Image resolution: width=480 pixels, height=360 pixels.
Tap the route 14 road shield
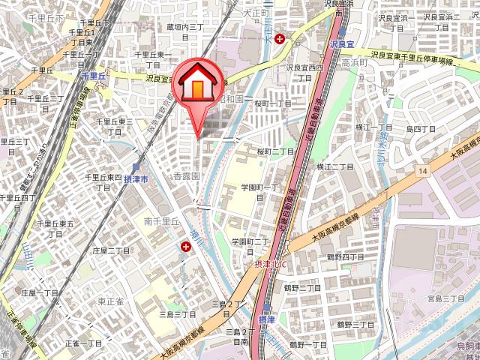[424, 172]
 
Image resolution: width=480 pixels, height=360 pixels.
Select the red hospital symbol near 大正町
[280, 38]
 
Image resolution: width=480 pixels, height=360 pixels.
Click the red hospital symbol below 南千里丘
[185, 245]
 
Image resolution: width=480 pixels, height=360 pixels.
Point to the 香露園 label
[186, 175]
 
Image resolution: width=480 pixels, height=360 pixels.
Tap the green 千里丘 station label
[94, 76]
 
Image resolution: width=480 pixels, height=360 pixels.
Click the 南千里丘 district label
[162, 221]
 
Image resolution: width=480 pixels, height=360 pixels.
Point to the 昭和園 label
[231, 98]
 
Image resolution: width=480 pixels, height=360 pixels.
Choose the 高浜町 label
[352, 64]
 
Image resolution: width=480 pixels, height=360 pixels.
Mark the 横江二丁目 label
[334, 166]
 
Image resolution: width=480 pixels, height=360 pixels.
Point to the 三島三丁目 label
[177, 314]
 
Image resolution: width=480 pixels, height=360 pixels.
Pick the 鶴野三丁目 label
[355, 324]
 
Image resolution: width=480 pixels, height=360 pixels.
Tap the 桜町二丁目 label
[276, 151]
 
